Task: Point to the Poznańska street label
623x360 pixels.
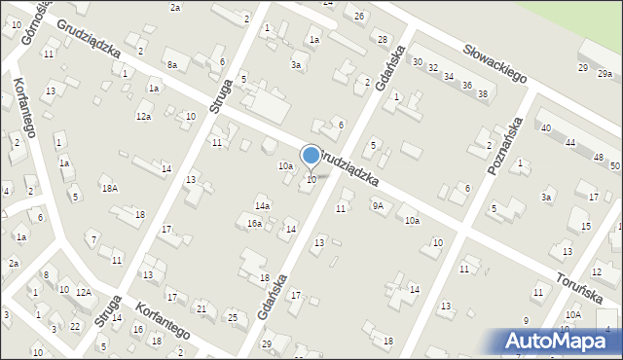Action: pyautogui.click(x=509, y=142)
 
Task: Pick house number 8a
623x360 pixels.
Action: pyautogui.click(x=172, y=64)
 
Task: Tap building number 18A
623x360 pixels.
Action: pyautogui.click(x=110, y=189)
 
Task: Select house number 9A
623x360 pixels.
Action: pyautogui.click(x=377, y=205)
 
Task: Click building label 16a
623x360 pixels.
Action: pyautogui.click(x=254, y=224)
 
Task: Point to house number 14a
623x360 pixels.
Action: pyautogui.click(x=262, y=206)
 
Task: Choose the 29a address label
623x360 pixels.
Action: pyautogui.click(x=605, y=74)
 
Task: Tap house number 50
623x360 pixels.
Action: pyautogui.click(x=614, y=166)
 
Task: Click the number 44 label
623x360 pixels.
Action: pyautogui.click(x=569, y=142)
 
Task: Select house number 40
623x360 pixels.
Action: pyautogui.click(x=546, y=127)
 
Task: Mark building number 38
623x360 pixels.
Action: pyautogui.click(x=481, y=93)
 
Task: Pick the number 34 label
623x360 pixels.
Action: pyautogui.click(x=449, y=76)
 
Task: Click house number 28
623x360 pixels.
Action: pyautogui.click(x=382, y=38)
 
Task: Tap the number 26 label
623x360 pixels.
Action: pyautogui.click(x=359, y=17)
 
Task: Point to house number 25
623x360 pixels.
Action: pyautogui.click(x=232, y=317)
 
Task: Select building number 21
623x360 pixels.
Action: pyautogui.click(x=202, y=308)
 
